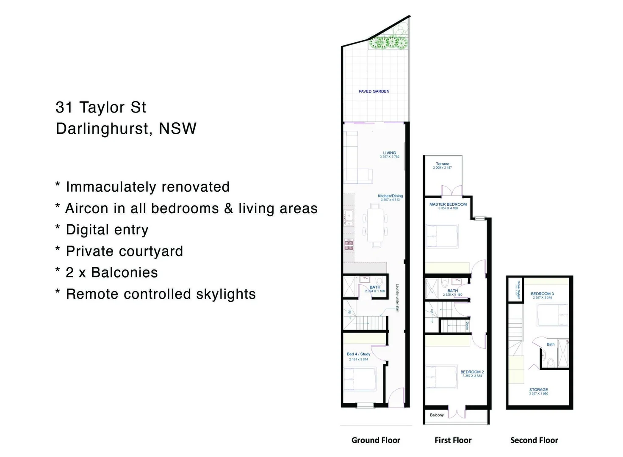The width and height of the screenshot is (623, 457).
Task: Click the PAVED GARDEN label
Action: click(x=374, y=91)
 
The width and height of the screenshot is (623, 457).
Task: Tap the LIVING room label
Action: click(x=389, y=153)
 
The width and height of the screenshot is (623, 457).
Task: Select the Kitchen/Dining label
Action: click(x=390, y=196)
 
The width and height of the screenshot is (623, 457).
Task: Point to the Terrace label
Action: click(x=442, y=164)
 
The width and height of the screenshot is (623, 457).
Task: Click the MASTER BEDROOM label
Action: click(x=448, y=204)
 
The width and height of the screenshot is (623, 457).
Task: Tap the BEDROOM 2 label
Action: click(x=472, y=372)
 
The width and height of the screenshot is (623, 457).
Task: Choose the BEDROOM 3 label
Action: click(x=542, y=294)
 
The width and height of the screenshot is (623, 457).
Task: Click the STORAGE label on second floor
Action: click(x=538, y=390)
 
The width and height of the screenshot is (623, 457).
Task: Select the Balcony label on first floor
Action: click(x=437, y=415)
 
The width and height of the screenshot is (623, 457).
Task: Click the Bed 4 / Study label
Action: click(x=358, y=354)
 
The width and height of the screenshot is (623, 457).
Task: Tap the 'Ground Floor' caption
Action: click(x=376, y=440)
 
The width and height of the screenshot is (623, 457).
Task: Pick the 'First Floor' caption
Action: click(x=453, y=440)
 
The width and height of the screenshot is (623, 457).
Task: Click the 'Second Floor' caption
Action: click(x=534, y=440)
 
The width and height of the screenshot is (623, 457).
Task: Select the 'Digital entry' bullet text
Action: click(x=107, y=230)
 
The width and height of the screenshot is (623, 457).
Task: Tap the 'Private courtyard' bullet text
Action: click(x=124, y=251)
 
